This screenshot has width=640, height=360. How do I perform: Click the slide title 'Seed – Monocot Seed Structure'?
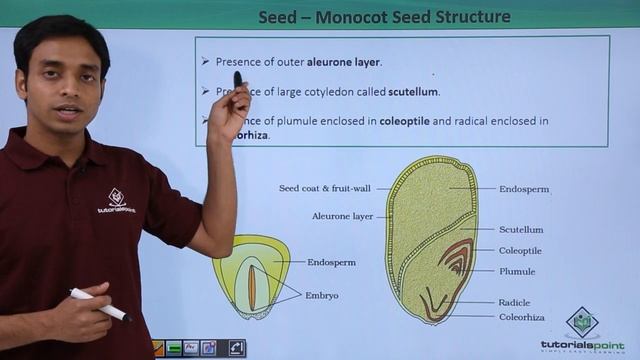[384, 17]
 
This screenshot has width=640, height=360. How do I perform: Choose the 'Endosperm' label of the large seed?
[524, 188]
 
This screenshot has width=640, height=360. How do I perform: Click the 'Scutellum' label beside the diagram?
[521, 230]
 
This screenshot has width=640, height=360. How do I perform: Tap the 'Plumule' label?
[517, 271]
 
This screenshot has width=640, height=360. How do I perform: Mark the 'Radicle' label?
[516, 302]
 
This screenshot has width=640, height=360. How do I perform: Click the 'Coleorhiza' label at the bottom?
[523, 317]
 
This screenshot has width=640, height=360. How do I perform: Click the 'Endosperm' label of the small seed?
[332, 262]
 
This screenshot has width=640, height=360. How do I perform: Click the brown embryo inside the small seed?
[252, 284]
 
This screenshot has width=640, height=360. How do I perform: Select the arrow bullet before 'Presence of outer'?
[204, 62]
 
